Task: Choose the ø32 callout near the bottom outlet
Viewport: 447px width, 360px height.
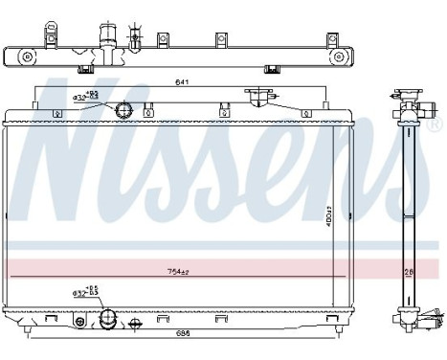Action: coord(84,292)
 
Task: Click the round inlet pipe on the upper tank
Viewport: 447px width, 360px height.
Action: coord(123,111)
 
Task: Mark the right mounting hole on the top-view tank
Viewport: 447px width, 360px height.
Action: coord(337,57)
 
